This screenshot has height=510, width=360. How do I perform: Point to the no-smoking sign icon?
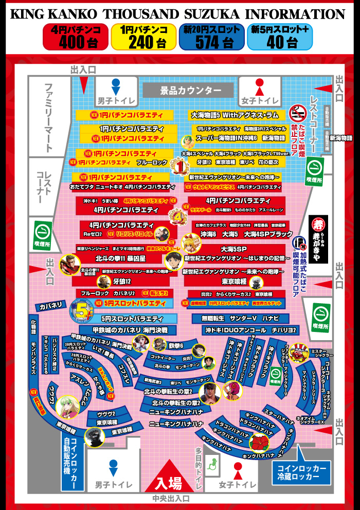click(x=298, y=114)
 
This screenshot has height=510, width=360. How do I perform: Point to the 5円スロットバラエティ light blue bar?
click(x=132, y=319)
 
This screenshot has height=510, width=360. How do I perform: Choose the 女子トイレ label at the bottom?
click(x=237, y=485)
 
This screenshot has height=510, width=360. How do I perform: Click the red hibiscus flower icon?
click(x=259, y=442)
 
